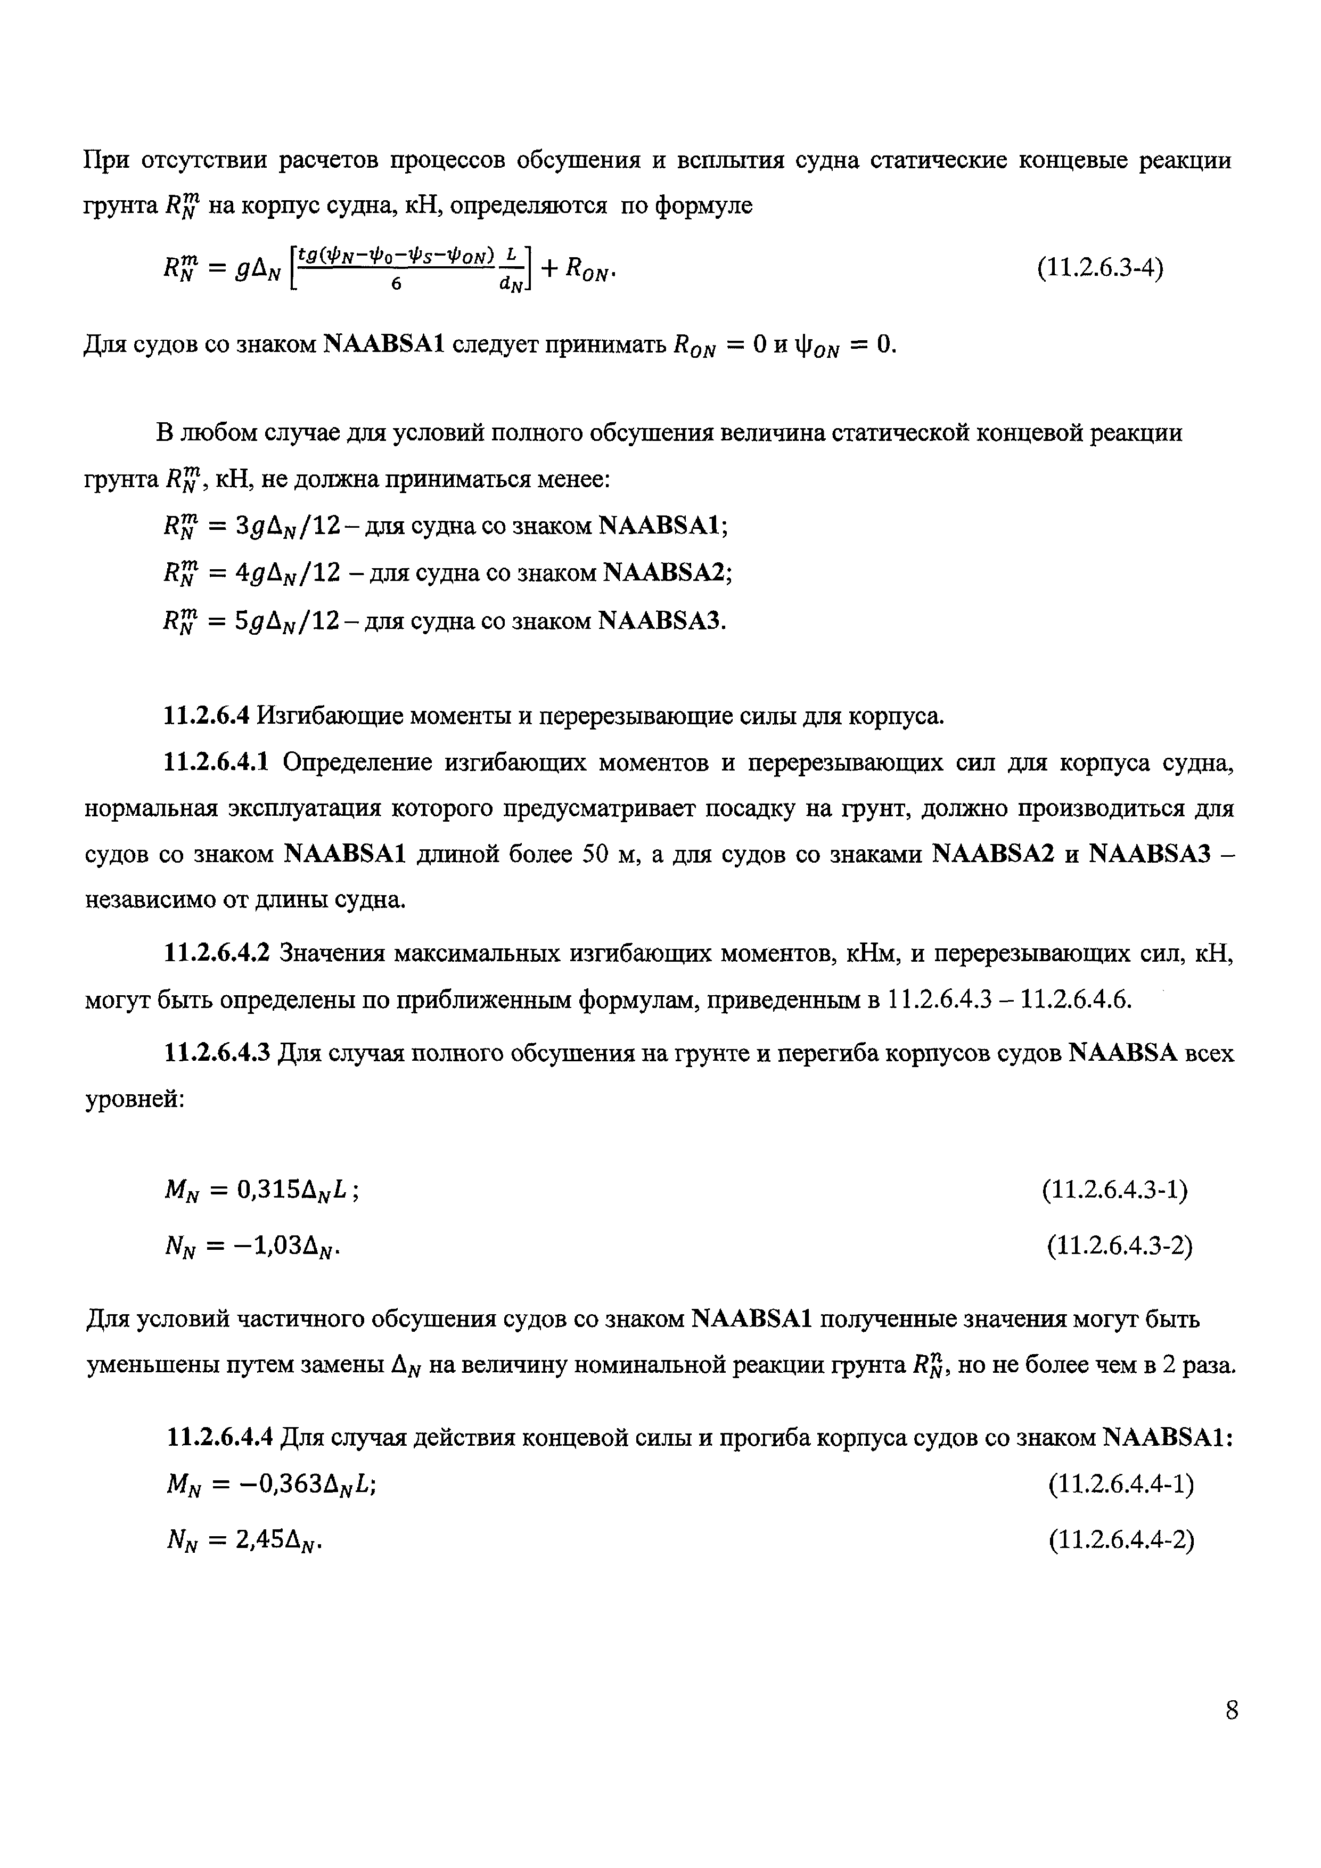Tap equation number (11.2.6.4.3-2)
pos(1119,1246)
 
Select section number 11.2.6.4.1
pos(216,763)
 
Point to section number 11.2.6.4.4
pos(216,1438)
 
